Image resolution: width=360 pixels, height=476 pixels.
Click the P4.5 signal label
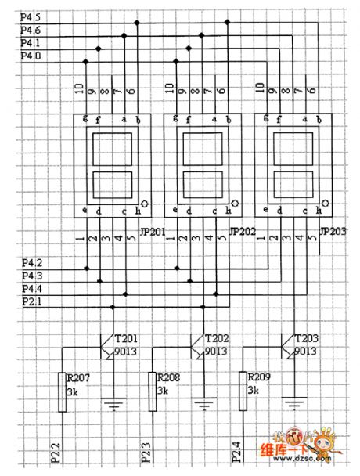(x=30, y=16)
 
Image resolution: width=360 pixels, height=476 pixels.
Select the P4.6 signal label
(x=30, y=30)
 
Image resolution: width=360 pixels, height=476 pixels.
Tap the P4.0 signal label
(x=30, y=56)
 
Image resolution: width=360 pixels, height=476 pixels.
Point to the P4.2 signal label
(x=30, y=263)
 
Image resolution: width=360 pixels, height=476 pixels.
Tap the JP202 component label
(x=243, y=233)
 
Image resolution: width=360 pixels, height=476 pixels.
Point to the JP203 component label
(x=334, y=233)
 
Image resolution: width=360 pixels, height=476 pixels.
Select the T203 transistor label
(x=307, y=338)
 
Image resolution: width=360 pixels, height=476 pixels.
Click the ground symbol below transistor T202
(x=204, y=405)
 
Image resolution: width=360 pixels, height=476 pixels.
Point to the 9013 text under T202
(x=216, y=352)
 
